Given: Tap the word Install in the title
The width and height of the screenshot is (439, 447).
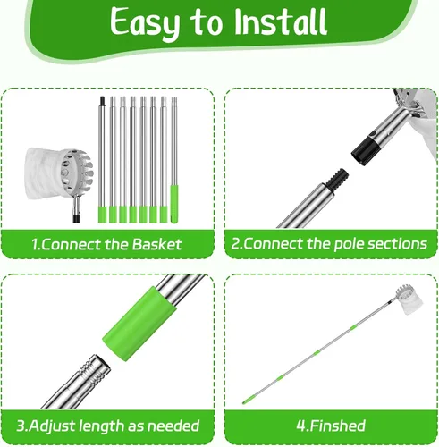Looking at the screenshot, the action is [281, 21].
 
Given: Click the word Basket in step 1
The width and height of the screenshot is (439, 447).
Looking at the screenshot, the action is [156, 244].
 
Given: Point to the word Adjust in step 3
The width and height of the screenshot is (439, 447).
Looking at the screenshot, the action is [51, 426].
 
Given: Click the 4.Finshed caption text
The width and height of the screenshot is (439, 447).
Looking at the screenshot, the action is [331, 426].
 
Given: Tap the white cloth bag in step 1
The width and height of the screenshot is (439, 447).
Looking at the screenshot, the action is [45, 173].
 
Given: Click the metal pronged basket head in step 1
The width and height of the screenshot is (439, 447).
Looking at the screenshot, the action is [77, 173].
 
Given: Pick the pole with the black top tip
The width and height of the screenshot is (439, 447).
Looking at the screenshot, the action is [102, 159].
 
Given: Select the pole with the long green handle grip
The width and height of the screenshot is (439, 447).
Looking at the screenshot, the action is [174, 160].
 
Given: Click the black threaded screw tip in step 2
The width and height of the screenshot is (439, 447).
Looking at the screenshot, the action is [337, 178].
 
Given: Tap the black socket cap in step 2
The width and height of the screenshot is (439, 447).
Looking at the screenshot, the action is [366, 151].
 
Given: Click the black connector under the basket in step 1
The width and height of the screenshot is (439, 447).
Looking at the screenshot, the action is [77, 218].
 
